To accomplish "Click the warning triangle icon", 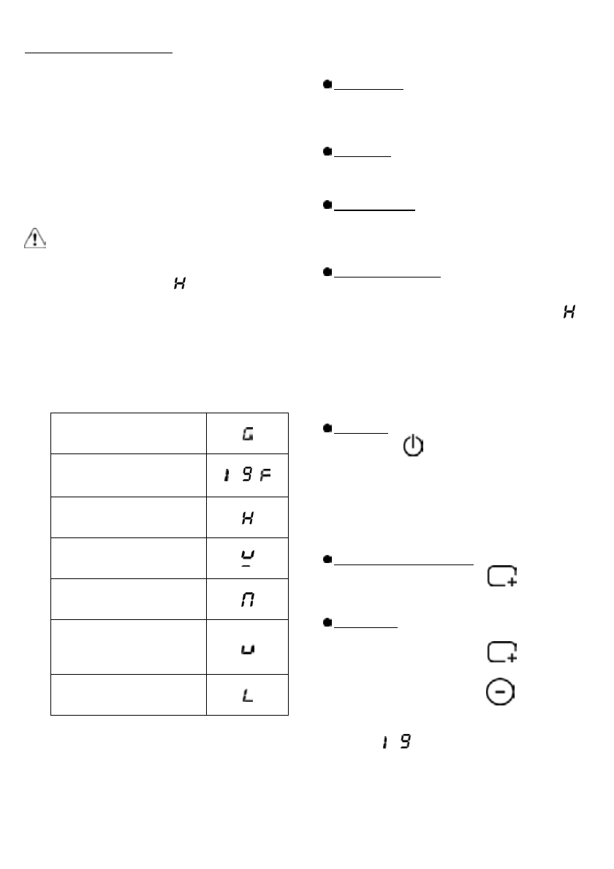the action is coord(35,239).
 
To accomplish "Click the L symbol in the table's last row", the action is coord(248,696).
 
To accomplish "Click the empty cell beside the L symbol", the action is coord(128,696).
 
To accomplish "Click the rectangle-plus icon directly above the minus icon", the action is coord(501,652).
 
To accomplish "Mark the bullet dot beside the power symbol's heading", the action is coord(328,430).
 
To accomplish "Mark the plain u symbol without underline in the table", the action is coord(248,648).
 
